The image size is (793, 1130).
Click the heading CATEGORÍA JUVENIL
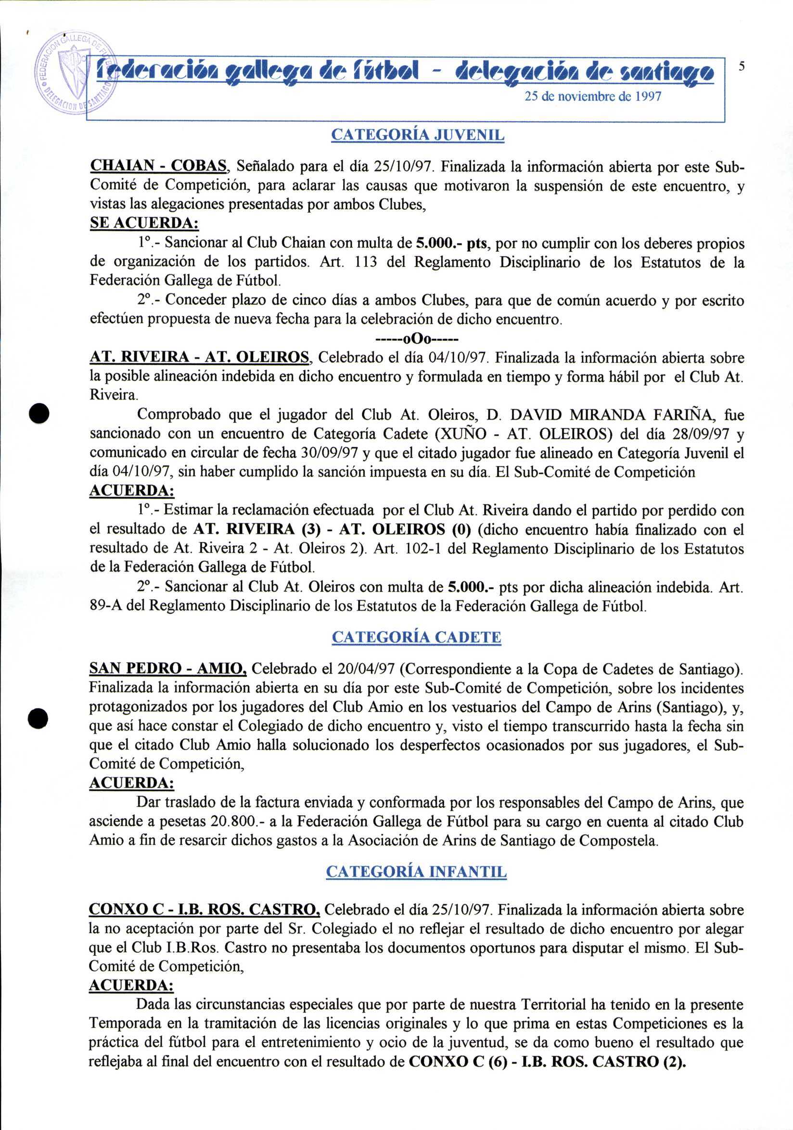[417, 135]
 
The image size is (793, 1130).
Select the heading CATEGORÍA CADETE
[416, 637]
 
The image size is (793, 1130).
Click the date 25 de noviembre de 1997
[593, 96]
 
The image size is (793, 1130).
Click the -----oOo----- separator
[416, 339]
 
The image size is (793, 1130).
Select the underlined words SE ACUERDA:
[144, 223]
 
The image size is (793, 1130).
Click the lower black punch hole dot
[38, 717]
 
